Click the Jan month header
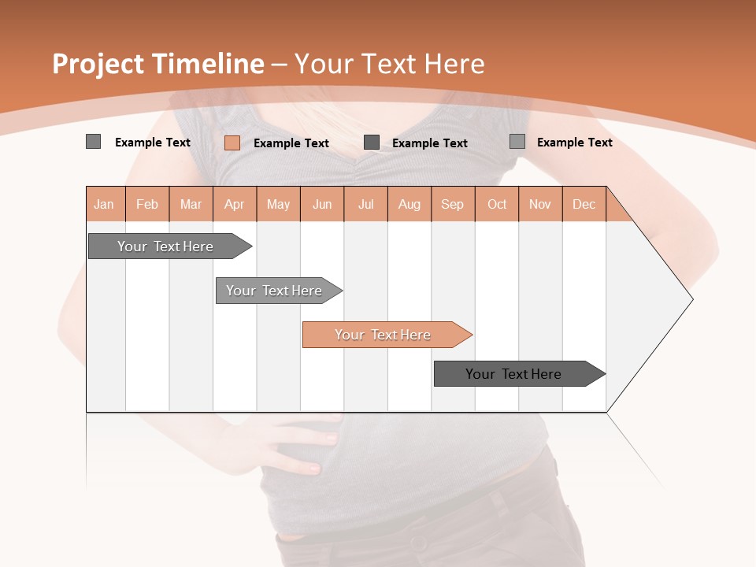pyautogui.click(x=104, y=204)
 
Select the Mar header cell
pyautogui.click(x=191, y=204)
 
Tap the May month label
pyautogui.click(x=278, y=204)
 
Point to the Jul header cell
pyautogui.click(x=365, y=204)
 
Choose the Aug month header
pyautogui.click(x=409, y=204)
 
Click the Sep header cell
pyautogui.click(x=452, y=204)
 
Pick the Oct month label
pyautogui.click(x=497, y=204)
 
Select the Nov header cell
pyautogui.click(x=539, y=204)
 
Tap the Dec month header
pyautogui.click(x=584, y=204)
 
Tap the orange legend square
pyautogui.click(x=232, y=143)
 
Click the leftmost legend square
pyautogui.click(x=93, y=142)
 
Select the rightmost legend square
pyautogui.click(x=517, y=142)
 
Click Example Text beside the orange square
pyautogui.click(x=291, y=143)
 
